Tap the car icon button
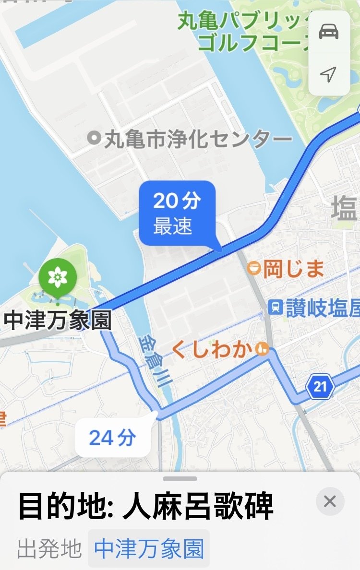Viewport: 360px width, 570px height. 329,32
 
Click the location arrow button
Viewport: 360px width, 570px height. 329,74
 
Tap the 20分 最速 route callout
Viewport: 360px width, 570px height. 177,213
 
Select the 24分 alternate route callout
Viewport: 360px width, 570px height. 113,438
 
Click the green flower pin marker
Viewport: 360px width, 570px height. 58,277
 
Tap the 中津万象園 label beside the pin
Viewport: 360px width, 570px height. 57,321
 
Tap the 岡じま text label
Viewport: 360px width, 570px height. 293,269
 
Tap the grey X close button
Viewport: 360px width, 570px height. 330,501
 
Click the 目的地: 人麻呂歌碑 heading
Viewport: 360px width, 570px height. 146,506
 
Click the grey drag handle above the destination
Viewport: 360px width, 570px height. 180,478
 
